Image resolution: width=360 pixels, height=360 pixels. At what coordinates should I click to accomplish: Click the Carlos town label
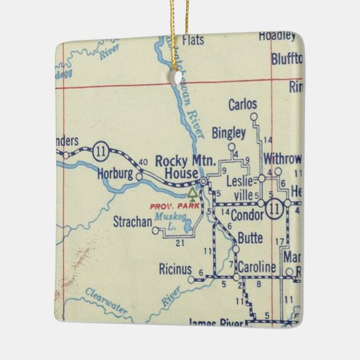coord(243,105)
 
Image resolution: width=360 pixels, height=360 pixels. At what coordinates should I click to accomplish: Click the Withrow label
coord(281,159)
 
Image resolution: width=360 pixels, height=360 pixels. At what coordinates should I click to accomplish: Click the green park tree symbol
coord(192,192)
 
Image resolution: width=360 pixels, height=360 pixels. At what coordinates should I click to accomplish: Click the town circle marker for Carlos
coord(253,116)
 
